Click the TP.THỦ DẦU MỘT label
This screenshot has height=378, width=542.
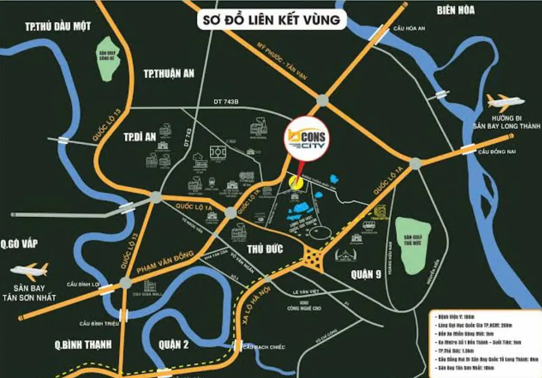point(58,26)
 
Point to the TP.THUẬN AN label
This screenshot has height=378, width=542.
point(168,74)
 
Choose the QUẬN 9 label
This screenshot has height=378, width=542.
point(366,274)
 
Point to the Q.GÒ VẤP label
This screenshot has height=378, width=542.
point(25,244)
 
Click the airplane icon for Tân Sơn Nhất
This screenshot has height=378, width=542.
point(29,271)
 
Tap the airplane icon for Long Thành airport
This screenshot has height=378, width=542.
point(505,102)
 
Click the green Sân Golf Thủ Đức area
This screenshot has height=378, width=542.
point(412,246)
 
